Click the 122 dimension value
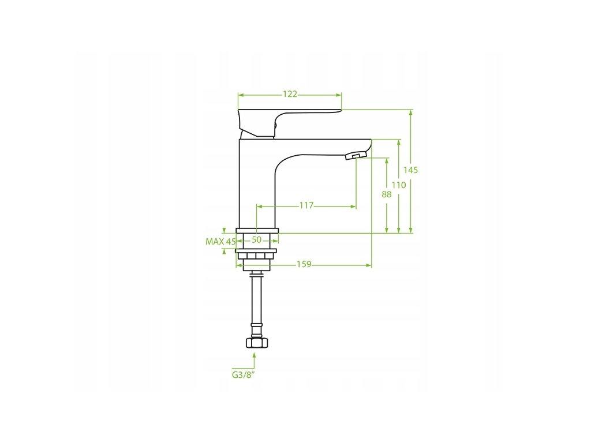pyautogui.click(x=290, y=94)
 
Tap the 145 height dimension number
pyautogui.click(x=411, y=170)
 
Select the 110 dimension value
pyautogui.click(x=399, y=185)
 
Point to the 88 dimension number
pyautogui.click(x=387, y=195)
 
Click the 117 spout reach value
pyautogui.click(x=306, y=205)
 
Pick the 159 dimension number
pyautogui.click(x=304, y=265)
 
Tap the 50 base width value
pyautogui.click(x=257, y=239)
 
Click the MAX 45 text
pyautogui.click(x=220, y=242)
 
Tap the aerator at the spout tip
pyautogui.click(x=356, y=156)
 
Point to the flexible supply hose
pyautogui.click(x=254, y=306)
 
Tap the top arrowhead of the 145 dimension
pyautogui.click(x=411, y=112)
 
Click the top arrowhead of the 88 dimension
pyautogui.click(x=387, y=160)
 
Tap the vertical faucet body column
pyautogui.click(x=257, y=185)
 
